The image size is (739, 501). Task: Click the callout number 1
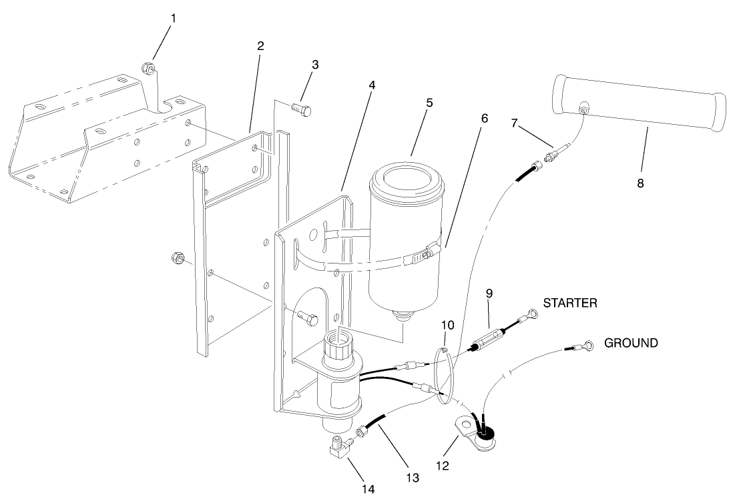point(174,19)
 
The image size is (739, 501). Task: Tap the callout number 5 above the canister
point(429,103)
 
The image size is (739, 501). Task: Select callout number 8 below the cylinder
point(640,183)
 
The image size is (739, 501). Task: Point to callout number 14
point(368,489)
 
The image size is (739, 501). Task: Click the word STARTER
point(570,303)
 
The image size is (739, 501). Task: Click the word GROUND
point(631,343)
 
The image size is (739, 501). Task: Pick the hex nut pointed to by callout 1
point(148,69)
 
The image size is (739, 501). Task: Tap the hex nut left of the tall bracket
point(177,258)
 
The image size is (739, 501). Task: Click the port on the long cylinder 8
point(583,108)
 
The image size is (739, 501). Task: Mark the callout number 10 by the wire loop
point(447,325)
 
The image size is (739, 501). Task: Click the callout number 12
point(443,466)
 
